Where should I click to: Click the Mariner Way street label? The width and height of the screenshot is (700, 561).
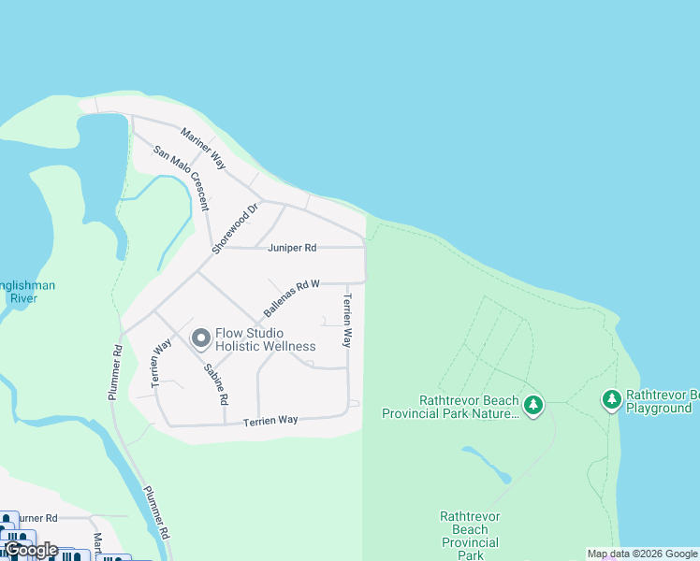point(205,148)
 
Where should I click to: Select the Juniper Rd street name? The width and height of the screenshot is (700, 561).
point(292,248)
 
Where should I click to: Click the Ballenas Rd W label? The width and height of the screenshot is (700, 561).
point(291,297)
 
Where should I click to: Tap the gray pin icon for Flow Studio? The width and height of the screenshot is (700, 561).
point(200,338)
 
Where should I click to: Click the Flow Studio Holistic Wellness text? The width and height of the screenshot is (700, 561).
point(266,339)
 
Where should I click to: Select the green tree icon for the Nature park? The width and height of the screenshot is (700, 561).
point(533,405)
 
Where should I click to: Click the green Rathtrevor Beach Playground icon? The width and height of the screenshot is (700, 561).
point(612,400)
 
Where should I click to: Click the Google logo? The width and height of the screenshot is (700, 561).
point(31,550)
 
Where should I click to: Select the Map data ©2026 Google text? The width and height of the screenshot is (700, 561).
point(642,554)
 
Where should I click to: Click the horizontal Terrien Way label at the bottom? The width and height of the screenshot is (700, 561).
point(270,421)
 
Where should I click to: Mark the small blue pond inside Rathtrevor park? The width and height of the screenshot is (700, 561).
point(487,462)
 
